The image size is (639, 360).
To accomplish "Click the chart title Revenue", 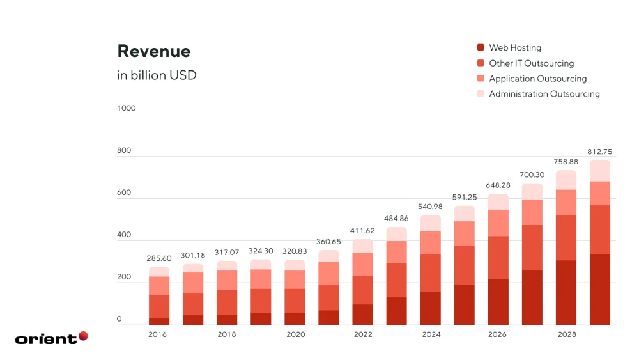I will tap(153, 51).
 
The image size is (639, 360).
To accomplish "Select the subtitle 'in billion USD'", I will tap(157, 75).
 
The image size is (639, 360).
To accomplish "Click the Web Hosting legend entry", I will tap(514, 47).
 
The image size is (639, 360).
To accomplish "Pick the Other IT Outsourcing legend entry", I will tap(531, 63).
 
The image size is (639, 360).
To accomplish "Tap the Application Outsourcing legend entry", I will tap(537, 79).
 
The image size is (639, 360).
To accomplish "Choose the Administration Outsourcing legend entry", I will tap(544, 94).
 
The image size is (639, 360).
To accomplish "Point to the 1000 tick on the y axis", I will tap(127, 108).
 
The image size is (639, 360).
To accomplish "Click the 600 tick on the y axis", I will tap(123, 192).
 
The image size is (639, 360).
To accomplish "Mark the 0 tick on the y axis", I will tap(119, 319).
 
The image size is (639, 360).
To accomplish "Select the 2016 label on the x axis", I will tap(158, 334).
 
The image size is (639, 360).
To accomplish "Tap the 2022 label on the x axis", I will tap(362, 334).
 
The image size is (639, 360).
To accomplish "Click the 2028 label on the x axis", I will tap(566, 334).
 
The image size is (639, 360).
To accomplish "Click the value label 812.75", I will tap(599, 152).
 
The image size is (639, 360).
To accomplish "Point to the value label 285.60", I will tap(160, 259).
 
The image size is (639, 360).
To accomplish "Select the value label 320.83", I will tap(295, 251).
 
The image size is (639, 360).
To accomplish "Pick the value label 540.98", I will tap(430, 206).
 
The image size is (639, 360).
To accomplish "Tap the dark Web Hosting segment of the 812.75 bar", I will tap(599, 289).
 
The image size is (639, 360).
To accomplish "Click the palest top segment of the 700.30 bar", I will tap(532, 191).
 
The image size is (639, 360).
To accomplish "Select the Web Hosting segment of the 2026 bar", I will tap(498, 302).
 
